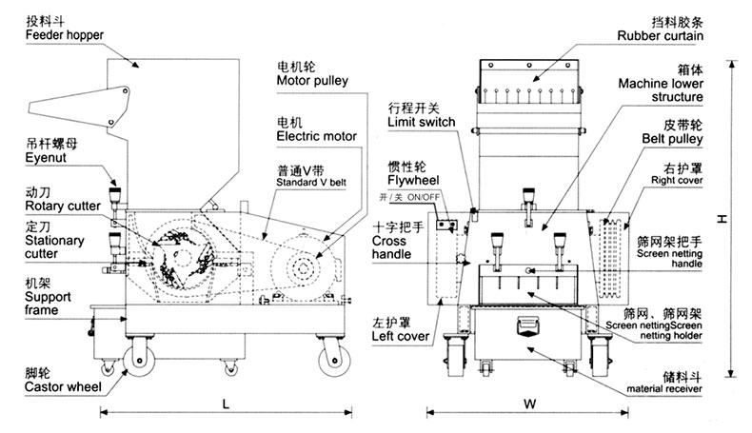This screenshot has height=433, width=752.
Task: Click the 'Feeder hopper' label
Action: click(65, 35)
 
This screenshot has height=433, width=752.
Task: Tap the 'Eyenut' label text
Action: click(46, 158)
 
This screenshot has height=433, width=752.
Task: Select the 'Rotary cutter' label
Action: click(62, 207)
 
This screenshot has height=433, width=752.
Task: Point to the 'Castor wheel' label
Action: click(63, 387)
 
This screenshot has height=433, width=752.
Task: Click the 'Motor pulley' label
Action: click(312, 81)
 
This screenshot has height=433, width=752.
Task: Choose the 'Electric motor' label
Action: click(317, 136)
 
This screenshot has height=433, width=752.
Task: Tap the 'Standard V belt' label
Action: click(310, 182)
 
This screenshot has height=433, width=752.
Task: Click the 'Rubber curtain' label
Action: click(660, 35)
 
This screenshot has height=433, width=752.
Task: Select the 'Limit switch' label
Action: click(421, 122)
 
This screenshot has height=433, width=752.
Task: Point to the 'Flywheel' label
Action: click(413, 180)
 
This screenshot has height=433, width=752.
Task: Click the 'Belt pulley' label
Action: click(672, 139)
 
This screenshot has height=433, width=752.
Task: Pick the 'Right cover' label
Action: click(677, 180)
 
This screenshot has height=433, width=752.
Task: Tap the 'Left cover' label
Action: click(401, 336)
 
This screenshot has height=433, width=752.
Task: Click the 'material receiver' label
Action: click(663, 389)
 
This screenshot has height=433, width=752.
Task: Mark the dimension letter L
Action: click(226, 404)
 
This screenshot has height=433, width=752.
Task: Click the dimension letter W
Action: click(529, 403)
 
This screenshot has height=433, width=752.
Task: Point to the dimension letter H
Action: click(722, 219)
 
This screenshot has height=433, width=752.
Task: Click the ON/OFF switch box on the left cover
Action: click(446, 225)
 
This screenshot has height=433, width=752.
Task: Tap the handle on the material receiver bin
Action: click(527, 325)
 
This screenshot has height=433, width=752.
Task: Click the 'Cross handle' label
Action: click(391, 247)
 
